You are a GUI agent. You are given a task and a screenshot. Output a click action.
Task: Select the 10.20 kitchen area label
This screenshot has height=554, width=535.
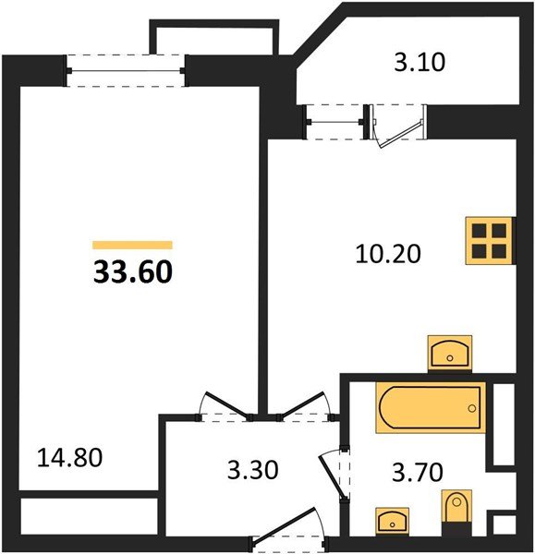coord(388,252)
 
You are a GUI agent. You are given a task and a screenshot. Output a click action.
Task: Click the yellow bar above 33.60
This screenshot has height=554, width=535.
coord(132,246)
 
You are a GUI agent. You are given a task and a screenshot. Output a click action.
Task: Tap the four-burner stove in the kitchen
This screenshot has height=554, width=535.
coord(488,239)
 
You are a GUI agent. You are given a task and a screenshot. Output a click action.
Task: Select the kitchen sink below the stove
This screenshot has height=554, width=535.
coord(452,353)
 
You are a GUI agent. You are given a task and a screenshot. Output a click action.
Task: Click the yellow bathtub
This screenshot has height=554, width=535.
coord(430,408)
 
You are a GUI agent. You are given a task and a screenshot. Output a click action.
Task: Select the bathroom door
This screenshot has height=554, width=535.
coord(334,468)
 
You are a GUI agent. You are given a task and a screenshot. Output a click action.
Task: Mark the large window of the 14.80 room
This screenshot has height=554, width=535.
coord(127,70)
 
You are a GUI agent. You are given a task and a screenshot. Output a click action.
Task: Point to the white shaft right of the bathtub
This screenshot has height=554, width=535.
coord(504,421)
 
